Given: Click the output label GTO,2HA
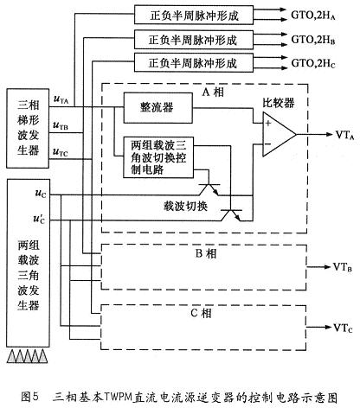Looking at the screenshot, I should click(319, 15).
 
